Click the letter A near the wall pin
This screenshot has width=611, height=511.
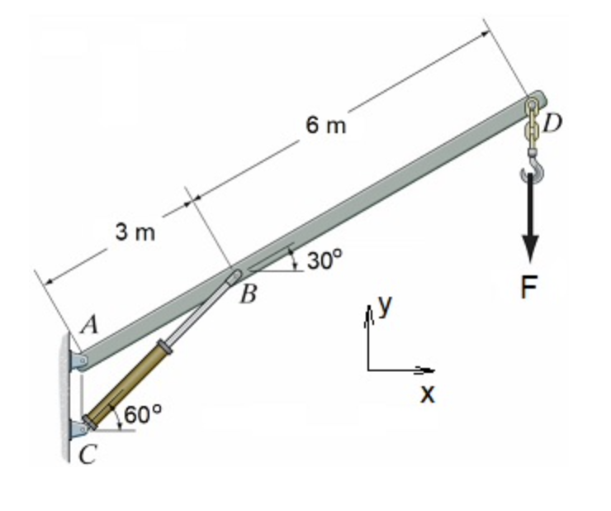pos(90,325)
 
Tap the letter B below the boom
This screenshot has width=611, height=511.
pos(249,294)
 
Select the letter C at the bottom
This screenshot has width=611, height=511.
pos(87,455)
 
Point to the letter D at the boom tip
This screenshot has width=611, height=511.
pos(552,122)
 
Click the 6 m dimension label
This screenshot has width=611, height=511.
pos(326,126)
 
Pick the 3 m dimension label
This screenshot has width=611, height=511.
pos(135,232)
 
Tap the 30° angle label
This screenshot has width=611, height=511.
pos(324,260)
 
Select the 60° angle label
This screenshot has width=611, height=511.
pos(142,414)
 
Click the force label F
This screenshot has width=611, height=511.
pos(529,287)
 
